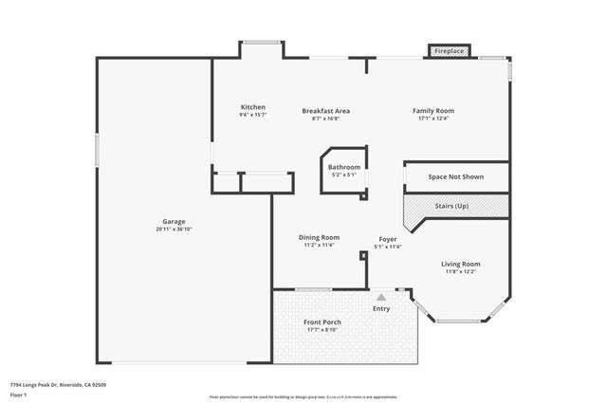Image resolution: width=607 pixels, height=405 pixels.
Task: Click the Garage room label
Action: [x=173, y=221]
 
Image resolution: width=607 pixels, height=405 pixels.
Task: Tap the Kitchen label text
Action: [x=252, y=107]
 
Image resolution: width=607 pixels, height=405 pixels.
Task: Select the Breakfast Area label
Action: [x=325, y=110]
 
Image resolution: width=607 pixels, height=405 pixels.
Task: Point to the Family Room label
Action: [x=432, y=110]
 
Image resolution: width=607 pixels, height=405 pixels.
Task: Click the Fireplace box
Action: [x=449, y=50]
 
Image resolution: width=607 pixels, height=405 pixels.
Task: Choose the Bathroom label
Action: [x=343, y=167]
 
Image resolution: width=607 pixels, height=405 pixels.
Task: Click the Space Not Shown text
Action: [x=455, y=177]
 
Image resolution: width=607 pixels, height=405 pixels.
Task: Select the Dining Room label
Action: [x=319, y=237]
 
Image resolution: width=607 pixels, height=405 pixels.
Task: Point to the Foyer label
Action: [x=388, y=238]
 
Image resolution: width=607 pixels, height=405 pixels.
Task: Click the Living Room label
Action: [x=461, y=264]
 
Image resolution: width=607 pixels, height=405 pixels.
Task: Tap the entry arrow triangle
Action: [x=381, y=297]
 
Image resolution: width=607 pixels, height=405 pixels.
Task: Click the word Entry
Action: [x=381, y=308]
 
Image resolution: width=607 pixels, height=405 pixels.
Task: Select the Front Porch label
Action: [x=322, y=322]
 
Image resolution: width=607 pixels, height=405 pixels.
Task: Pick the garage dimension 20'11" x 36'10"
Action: [x=173, y=230]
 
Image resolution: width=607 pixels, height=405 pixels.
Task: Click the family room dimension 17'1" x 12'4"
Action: [x=432, y=119]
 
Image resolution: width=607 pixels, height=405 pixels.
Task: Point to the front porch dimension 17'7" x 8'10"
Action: [x=322, y=331]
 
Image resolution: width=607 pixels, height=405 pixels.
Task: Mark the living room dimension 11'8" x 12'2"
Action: [x=461, y=272]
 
